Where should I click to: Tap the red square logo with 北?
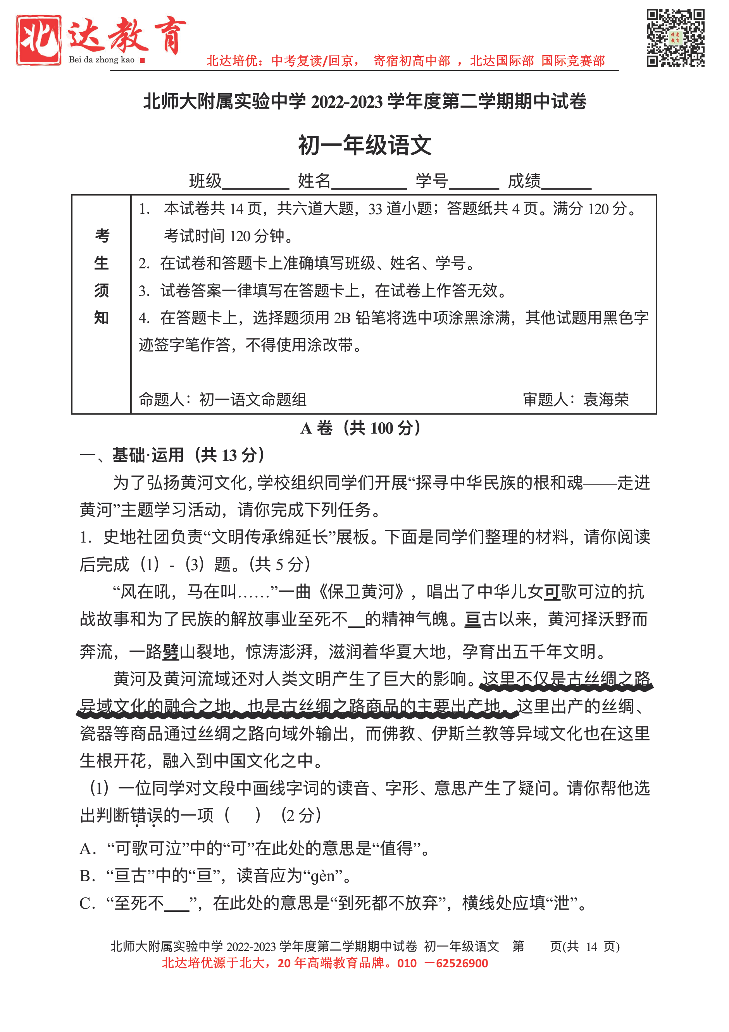[x=39, y=40]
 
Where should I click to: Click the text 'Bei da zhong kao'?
[x=102, y=60]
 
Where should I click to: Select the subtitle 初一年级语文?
[x=364, y=145]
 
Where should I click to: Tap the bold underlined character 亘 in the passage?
[x=472, y=619]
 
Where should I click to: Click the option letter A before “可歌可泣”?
[x=87, y=849]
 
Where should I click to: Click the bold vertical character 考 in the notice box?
[x=102, y=235]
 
